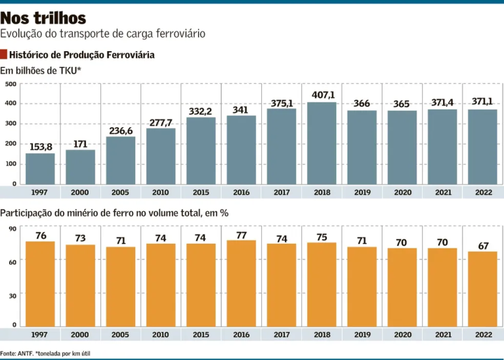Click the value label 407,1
tap(323, 95)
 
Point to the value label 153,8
tap(40, 147)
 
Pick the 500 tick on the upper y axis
tap(10, 84)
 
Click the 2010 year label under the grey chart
tap(160, 193)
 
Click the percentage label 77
tap(241, 235)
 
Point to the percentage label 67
tap(483, 246)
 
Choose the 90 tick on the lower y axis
tap(12, 229)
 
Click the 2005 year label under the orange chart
tap(120, 334)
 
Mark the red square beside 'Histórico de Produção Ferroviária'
tap(4, 55)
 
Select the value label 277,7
tap(160, 123)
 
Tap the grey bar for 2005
tap(120, 160)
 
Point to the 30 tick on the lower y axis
tap(12, 296)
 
